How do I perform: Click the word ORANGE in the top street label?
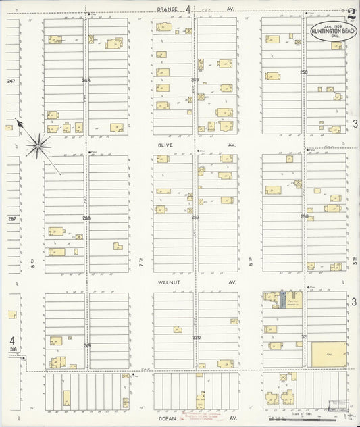click(x=166, y=9)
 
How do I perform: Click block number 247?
click(x=9, y=81)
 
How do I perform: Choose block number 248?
click(x=86, y=80)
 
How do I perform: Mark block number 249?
click(x=195, y=80)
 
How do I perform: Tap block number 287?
click(x=9, y=218)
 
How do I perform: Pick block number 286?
click(x=86, y=218)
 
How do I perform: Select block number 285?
click(x=195, y=217)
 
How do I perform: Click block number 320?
click(x=197, y=336)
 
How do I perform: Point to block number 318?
click(x=12, y=349)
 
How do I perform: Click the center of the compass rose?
click(x=39, y=143)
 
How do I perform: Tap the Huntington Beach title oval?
click(x=329, y=30)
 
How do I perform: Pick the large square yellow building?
click(x=328, y=353)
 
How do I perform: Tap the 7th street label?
click(x=141, y=260)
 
